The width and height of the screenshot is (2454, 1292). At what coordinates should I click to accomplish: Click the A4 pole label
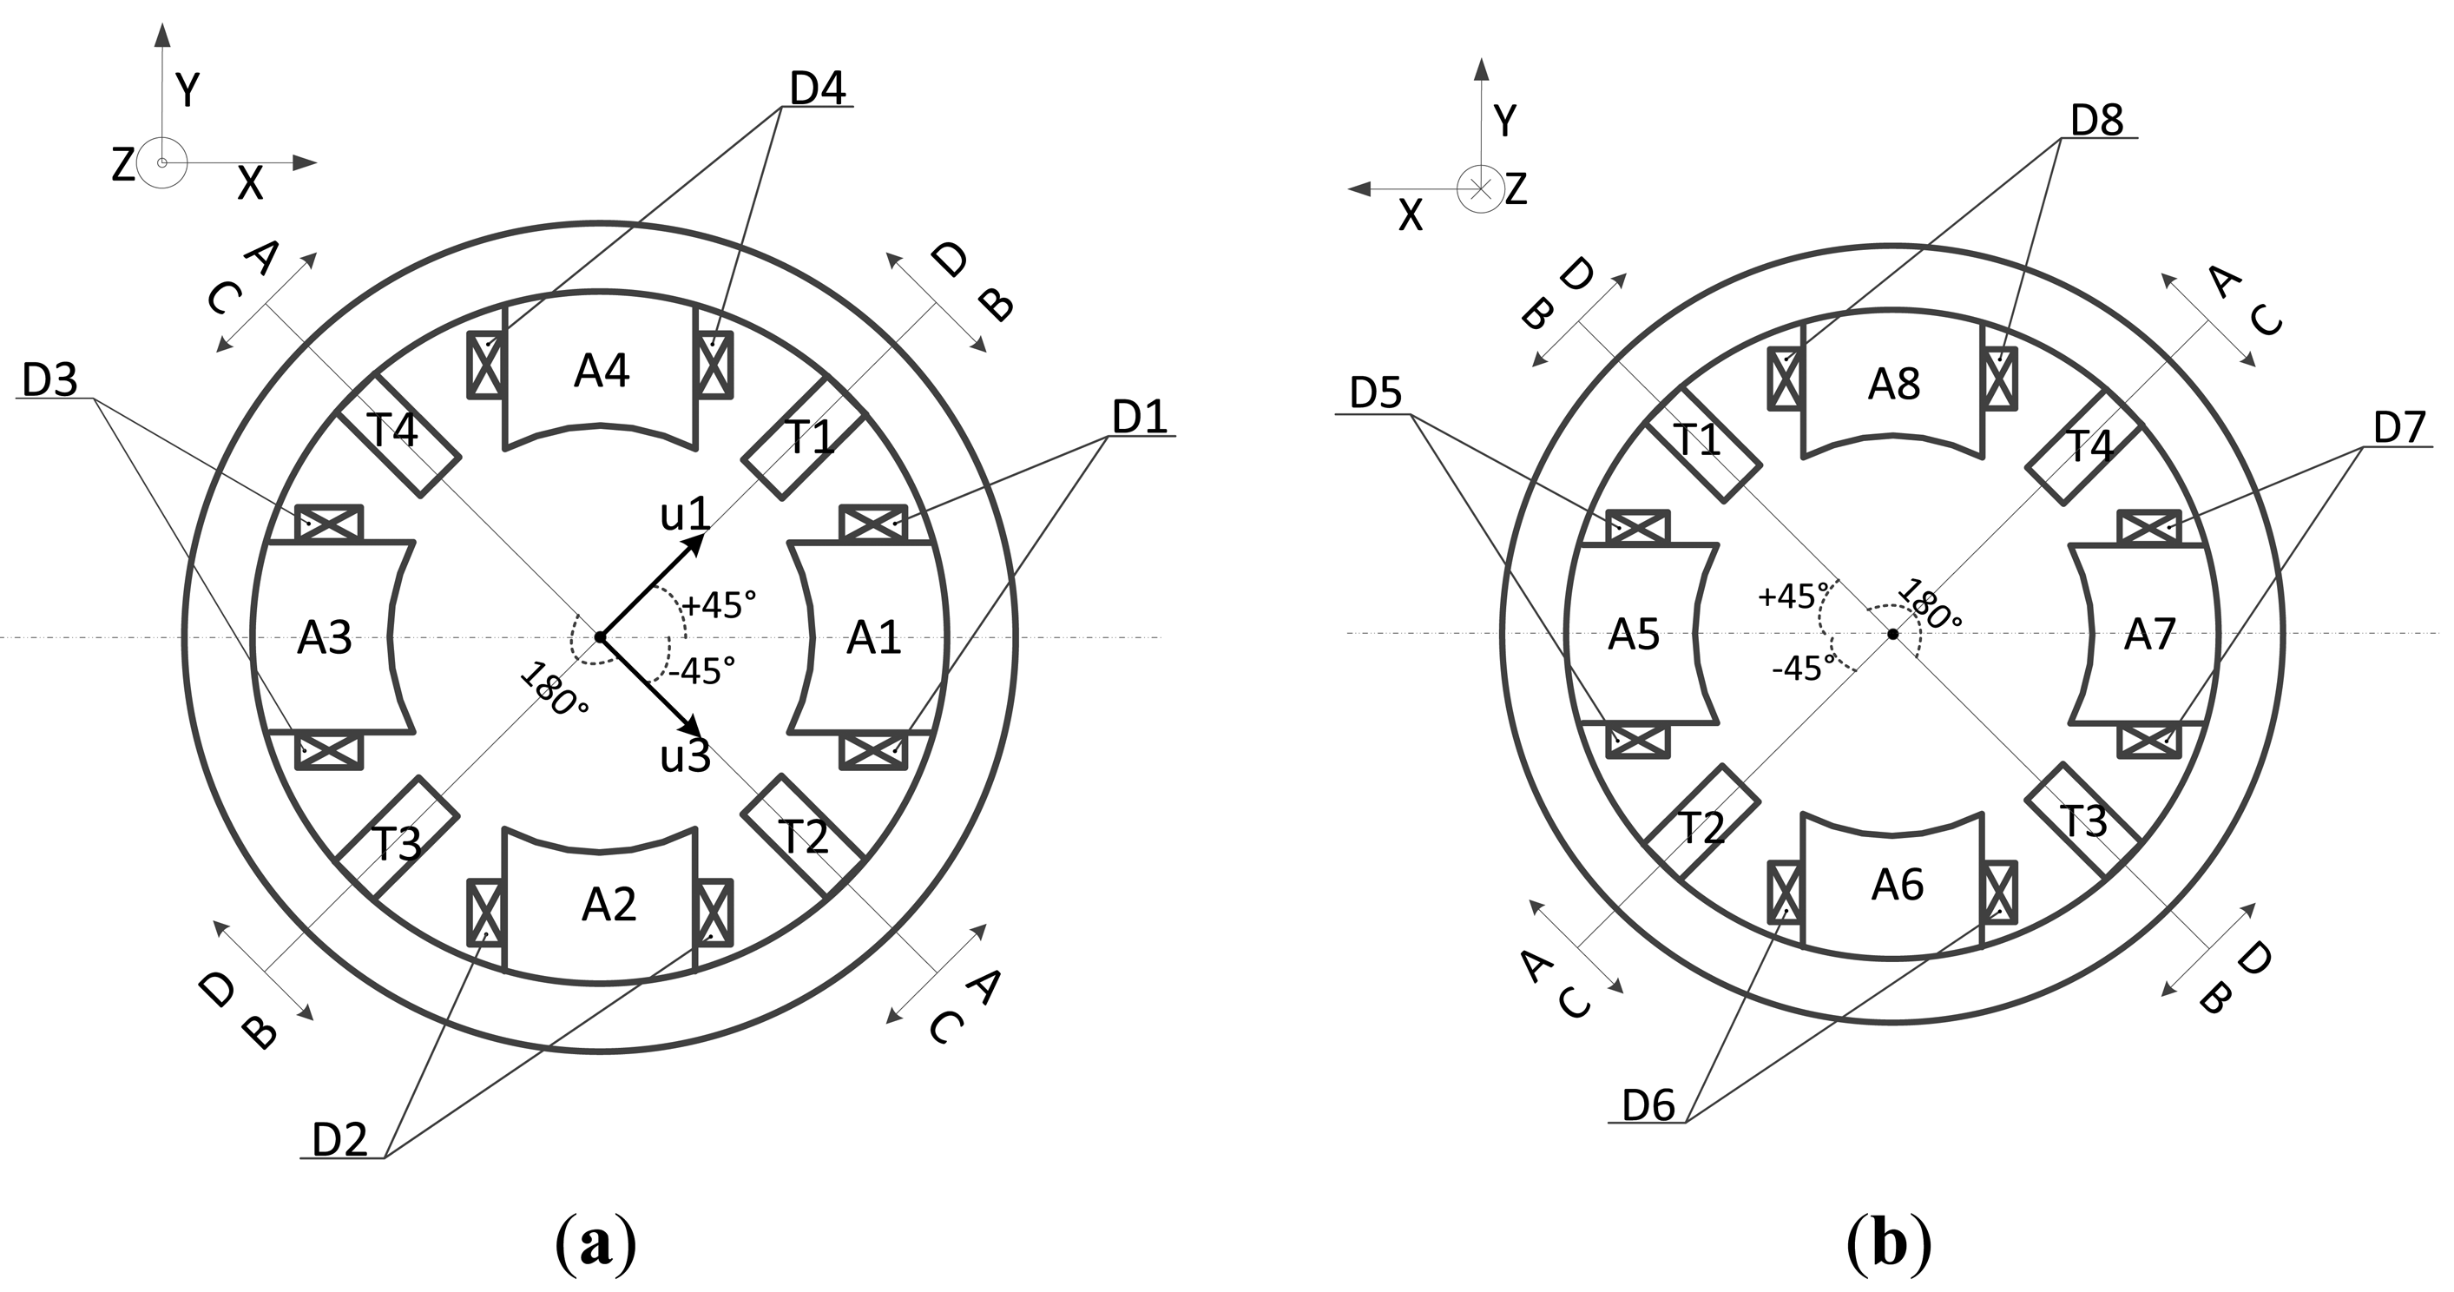[601, 371]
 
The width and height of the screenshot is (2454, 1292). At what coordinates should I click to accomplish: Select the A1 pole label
[873, 637]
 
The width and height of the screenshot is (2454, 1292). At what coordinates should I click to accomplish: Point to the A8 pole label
[1894, 384]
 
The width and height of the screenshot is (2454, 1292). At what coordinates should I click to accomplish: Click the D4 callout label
[818, 89]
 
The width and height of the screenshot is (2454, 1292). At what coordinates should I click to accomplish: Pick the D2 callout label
[340, 1139]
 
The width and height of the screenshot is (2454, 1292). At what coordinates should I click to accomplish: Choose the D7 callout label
[2398, 429]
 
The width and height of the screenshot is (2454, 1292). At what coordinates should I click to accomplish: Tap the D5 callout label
[1376, 393]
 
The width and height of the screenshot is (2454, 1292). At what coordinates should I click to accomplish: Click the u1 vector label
[685, 516]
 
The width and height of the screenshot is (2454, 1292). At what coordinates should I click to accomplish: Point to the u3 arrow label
[686, 756]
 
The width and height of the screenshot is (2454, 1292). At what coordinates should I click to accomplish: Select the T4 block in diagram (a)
[398, 433]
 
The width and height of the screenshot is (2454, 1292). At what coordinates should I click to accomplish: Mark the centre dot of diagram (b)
[1893, 635]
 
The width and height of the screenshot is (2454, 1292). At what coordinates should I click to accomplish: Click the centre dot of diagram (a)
[600, 636]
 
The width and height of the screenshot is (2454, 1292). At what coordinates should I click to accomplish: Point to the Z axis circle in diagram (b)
[1480, 188]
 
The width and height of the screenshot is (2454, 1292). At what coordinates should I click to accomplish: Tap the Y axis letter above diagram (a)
[188, 91]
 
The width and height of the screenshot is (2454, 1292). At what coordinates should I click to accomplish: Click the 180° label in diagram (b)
[1930, 606]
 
